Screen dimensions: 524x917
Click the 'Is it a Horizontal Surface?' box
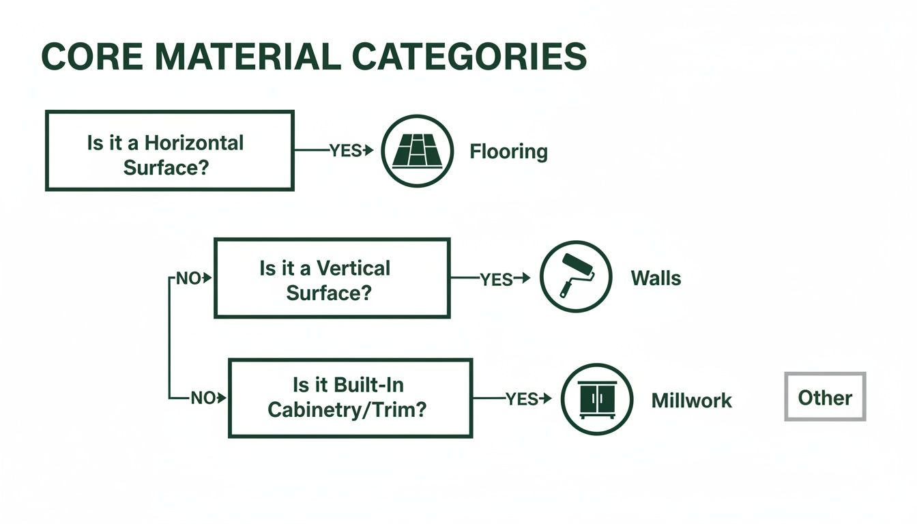pyautogui.click(x=169, y=151)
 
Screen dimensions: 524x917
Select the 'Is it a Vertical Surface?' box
pyautogui.click(x=332, y=278)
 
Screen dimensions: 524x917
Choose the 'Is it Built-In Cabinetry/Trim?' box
pyautogui.click(x=350, y=398)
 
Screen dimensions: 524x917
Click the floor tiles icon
pyautogui.click(x=416, y=151)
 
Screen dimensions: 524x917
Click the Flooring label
pyautogui.click(x=508, y=151)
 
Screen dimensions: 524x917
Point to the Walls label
pyautogui.click(x=656, y=278)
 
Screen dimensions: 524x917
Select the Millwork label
pyautogui.click(x=691, y=401)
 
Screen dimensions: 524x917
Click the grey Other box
pyautogui.click(x=825, y=397)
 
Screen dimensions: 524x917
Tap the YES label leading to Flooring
pyautogui.click(x=345, y=151)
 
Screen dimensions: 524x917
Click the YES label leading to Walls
pyautogui.click(x=496, y=279)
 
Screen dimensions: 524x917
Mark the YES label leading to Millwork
pyautogui.click(x=522, y=399)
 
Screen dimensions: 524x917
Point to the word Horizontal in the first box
pyautogui.click(x=194, y=143)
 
